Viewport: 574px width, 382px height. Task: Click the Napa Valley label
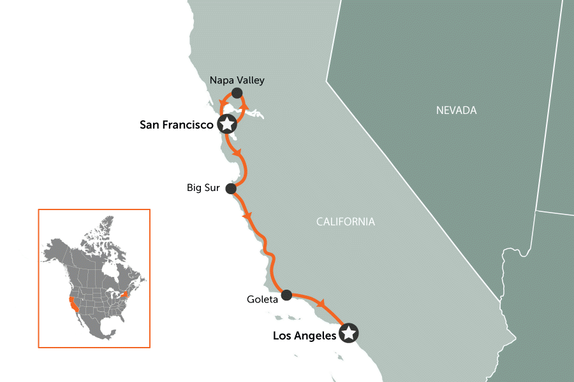pos(237,80)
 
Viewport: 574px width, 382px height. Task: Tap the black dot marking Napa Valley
pos(237,94)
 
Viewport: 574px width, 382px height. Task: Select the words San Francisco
pos(176,125)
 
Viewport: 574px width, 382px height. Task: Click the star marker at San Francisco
pos(226,124)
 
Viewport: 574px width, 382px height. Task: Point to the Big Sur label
pos(203,188)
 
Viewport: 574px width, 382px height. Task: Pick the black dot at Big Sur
pos(231,189)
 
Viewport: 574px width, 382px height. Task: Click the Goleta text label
pos(262,299)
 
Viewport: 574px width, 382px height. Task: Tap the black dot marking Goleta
pos(286,295)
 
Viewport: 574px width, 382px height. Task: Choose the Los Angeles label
pos(304,336)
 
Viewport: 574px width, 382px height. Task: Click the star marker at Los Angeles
pos(348,333)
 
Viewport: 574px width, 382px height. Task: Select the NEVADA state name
pos(456,111)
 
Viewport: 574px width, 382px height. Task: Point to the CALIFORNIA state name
pos(345,222)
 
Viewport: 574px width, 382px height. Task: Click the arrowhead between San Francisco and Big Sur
pos(238,153)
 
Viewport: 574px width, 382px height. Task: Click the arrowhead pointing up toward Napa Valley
pos(244,106)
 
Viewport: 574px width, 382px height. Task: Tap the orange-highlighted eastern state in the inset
pos(125,295)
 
